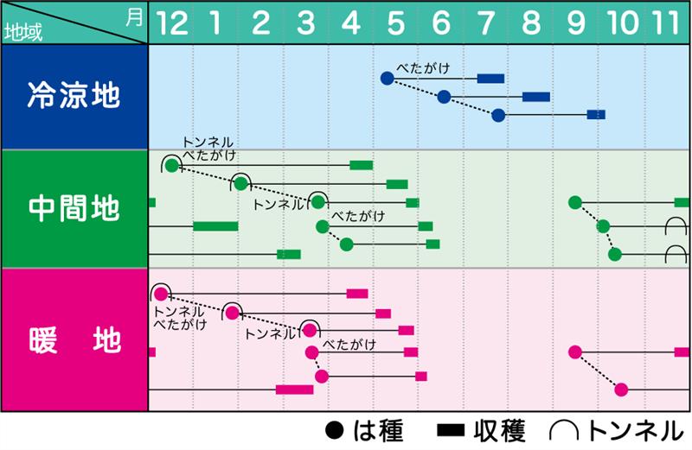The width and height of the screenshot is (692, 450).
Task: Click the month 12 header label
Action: (172, 23)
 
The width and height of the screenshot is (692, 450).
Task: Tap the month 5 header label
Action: (396, 23)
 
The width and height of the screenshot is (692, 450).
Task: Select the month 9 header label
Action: (575, 23)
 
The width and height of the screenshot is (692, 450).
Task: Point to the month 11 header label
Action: (666, 23)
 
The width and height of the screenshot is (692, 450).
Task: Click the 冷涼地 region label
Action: (74, 95)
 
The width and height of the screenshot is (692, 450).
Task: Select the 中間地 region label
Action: (74, 208)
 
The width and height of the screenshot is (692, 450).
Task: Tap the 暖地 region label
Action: (74, 339)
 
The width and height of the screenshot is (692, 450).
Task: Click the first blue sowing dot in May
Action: (387, 79)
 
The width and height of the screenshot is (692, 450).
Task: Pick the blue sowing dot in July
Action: (498, 116)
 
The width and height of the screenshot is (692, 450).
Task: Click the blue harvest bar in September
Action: (596, 115)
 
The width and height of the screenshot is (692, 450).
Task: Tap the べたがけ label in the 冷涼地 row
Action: (423, 68)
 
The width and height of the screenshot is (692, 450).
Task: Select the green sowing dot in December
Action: (172, 166)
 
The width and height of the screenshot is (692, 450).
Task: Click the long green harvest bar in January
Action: (215, 226)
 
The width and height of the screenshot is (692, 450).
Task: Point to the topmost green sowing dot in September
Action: (575, 202)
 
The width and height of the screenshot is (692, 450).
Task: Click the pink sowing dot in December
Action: (162, 294)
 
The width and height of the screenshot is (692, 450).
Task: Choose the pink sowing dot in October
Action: (621, 390)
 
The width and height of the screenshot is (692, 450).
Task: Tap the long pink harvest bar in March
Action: (294, 390)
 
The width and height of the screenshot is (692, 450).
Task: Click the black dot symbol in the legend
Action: (334, 430)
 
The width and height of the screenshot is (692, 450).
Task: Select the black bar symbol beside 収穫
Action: (451, 431)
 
